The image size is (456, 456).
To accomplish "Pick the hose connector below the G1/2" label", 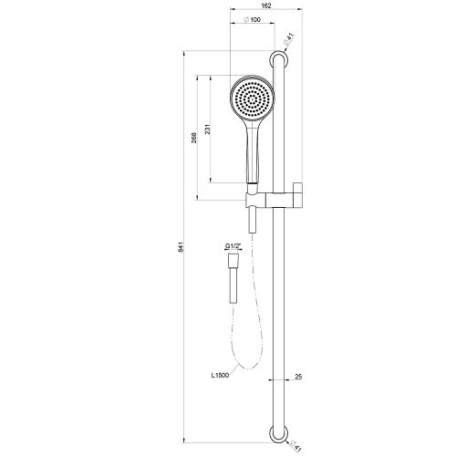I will point(231,276).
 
